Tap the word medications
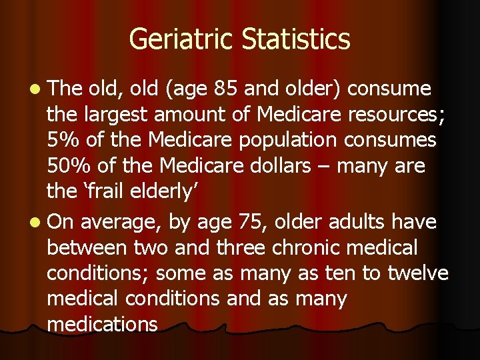tap(102, 324)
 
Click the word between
tap(87, 247)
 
